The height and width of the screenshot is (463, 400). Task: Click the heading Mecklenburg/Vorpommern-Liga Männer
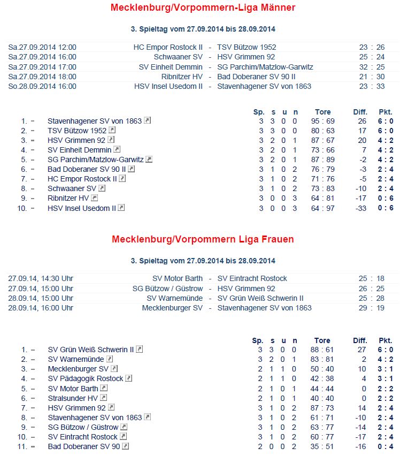[203, 7]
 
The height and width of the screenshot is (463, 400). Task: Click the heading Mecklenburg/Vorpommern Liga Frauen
[203, 239]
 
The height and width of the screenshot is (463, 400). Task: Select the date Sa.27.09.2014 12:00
[42, 47]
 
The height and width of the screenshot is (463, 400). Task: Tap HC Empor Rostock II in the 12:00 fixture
[168, 47]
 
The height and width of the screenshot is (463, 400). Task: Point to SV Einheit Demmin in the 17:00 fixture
[171, 67]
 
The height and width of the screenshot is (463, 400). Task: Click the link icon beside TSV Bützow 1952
[112, 130]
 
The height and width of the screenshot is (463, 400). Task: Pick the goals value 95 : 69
[322, 121]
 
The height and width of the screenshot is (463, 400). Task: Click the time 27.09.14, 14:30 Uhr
[41, 278]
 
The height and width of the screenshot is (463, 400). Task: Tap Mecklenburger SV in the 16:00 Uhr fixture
[172, 308]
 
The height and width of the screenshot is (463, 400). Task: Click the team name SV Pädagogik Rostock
[85, 378]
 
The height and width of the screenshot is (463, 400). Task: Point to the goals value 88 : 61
[322, 350]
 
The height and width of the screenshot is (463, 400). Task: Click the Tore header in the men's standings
[322, 112]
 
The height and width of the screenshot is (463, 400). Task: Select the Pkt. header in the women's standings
[385, 340]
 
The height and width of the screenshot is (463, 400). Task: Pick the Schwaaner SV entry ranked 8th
[72, 188]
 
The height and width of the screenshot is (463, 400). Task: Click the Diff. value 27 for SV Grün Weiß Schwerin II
[361, 350]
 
